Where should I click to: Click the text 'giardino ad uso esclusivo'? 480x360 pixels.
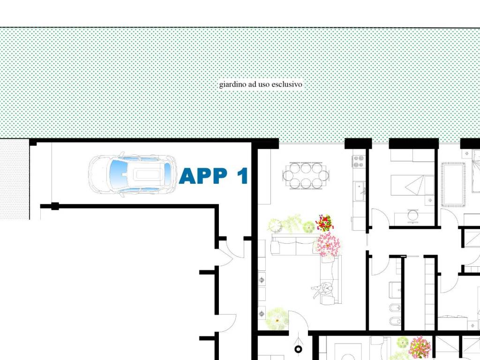tap(261, 84)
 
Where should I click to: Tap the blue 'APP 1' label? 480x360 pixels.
tap(213, 176)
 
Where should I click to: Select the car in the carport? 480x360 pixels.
tap(133, 174)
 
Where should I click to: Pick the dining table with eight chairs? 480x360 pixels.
tap(306, 176)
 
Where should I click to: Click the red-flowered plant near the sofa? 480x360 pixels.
tap(324, 223)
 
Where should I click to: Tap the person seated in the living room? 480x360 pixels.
tap(322, 290)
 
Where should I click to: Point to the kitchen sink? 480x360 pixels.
tap(360, 191)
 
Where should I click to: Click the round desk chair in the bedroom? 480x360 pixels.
tap(412, 215)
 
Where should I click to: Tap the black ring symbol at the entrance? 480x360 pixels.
tap(298, 349)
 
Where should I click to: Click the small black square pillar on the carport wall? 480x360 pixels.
tap(55, 206)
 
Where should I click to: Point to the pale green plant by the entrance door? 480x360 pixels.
tap(277, 319)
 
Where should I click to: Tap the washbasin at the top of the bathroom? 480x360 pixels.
tap(395, 290)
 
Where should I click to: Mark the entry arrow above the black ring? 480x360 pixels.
tap(299, 339)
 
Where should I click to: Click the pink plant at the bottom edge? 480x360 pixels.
tap(420, 347)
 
